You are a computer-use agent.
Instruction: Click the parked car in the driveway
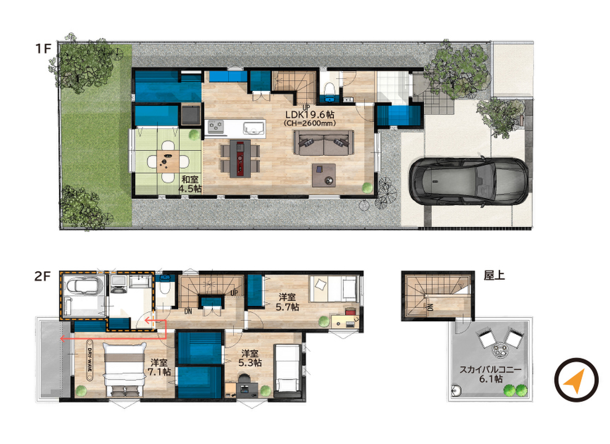tap(469, 181)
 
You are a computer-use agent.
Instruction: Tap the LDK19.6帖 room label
tap(309, 114)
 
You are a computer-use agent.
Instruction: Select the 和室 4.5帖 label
tap(190, 184)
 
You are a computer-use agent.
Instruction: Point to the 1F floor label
tap(43, 49)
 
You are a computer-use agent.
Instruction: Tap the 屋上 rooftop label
tap(494, 275)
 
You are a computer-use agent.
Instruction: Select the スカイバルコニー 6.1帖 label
tap(490, 374)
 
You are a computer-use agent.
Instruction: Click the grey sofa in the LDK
tap(324, 143)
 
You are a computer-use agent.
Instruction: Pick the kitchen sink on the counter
tap(253, 127)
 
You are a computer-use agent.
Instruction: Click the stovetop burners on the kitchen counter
tap(216, 127)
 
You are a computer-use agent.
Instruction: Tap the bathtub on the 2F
tap(84, 285)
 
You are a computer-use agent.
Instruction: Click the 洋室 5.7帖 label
tap(287, 302)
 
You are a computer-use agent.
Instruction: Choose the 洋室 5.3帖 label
tap(250, 359)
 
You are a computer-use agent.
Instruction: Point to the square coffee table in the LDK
tap(324, 175)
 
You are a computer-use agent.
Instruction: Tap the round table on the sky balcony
tap(499, 351)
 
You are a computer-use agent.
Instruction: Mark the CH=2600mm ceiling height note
tap(309, 123)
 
